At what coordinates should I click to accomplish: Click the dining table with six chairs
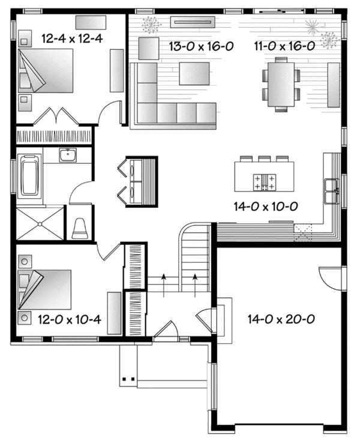(x=281, y=84)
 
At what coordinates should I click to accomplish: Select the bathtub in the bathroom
(x=29, y=176)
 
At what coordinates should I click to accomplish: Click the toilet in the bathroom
(x=80, y=227)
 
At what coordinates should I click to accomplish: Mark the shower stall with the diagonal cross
(x=39, y=224)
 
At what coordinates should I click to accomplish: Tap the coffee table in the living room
(x=194, y=73)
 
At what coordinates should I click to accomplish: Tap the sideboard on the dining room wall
(x=333, y=84)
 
